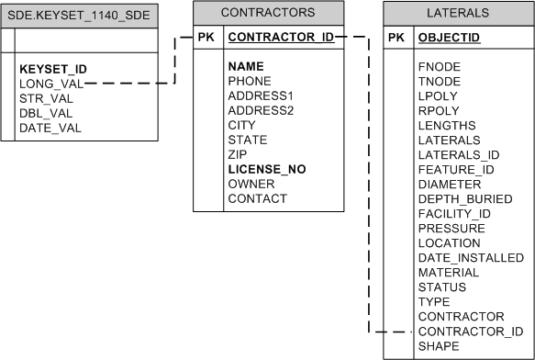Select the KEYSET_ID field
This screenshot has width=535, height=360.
click(53, 69)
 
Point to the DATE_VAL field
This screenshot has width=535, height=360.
click(50, 128)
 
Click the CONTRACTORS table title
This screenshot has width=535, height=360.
click(269, 13)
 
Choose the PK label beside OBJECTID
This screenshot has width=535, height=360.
click(396, 38)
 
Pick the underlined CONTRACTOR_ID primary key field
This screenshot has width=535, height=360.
click(281, 38)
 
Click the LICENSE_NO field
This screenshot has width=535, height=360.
click(267, 169)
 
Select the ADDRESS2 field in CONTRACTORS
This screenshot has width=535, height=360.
click(261, 110)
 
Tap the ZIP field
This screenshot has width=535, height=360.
click(238, 154)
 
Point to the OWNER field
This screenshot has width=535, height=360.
click(251, 184)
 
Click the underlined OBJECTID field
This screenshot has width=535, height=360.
click(448, 38)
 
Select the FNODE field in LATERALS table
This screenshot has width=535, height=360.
click(440, 67)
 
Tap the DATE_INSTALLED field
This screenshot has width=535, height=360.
click(470, 258)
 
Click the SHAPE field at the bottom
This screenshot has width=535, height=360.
click(439, 346)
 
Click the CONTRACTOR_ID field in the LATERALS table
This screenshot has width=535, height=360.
click(470, 332)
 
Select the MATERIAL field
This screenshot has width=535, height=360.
click(448, 273)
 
